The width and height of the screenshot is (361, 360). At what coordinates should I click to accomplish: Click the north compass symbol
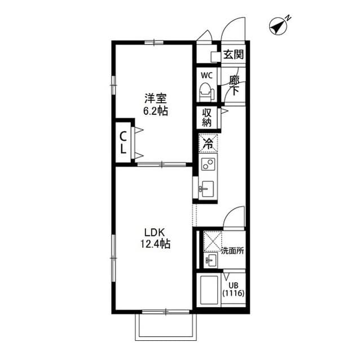pyautogui.click(x=278, y=26)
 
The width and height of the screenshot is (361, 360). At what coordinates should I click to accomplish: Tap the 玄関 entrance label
pyautogui.click(x=233, y=55)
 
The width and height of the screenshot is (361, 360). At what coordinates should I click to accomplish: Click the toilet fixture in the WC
pyautogui.click(x=205, y=90)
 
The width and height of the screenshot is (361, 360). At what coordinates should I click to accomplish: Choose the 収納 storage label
pyautogui.click(x=207, y=118)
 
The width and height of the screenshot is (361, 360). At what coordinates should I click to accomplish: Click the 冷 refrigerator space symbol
pyautogui.click(x=207, y=144)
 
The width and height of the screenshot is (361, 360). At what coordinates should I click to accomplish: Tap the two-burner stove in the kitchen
pyautogui.click(x=207, y=165)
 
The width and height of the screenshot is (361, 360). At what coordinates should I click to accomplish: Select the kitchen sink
pyautogui.click(x=206, y=188)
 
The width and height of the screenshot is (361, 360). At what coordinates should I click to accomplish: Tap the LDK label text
pyautogui.click(x=154, y=232)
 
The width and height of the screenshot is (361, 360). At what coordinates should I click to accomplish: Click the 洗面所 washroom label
pyautogui.click(x=232, y=250)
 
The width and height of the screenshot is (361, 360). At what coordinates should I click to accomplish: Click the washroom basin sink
pyautogui.click(x=211, y=261)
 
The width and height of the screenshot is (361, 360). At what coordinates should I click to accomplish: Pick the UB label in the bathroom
pyautogui.click(x=232, y=284)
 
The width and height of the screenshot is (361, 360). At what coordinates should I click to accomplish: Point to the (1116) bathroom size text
pyautogui.click(x=232, y=293)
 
